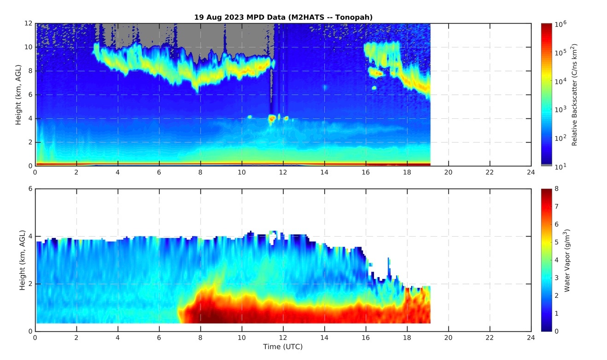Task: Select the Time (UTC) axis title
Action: [x=283, y=346]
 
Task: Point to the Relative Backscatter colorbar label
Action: [x=575, y=95]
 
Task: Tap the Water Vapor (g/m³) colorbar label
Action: [x=567, y=260]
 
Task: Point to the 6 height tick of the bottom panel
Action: [x=30, y=189]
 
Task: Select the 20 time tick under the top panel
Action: [x=449, y=173]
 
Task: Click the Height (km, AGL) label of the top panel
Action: [x=19, y=95]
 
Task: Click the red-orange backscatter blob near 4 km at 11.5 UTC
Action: [x=272, y=118]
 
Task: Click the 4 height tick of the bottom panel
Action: [x=30, y=236]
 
